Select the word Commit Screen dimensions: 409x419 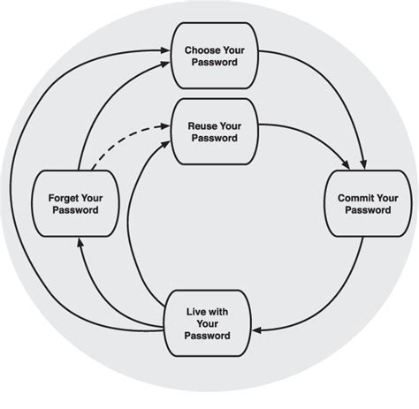point(349,198)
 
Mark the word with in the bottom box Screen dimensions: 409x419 point(221,313)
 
